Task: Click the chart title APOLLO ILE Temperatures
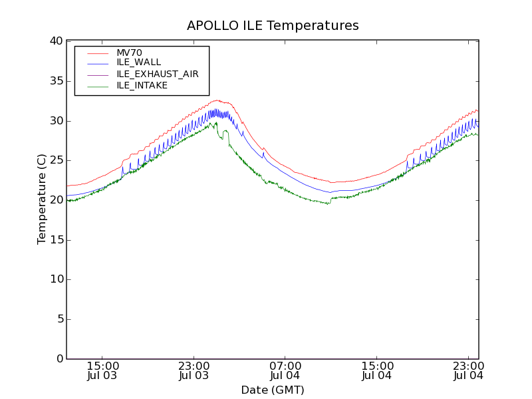[273, 26]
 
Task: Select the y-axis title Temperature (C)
[42, 199]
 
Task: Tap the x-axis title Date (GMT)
[273, 390]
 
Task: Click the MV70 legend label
[129, 53]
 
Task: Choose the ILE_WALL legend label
[138, 63]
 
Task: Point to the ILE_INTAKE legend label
[142, 85]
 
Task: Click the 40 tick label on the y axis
[56, 41]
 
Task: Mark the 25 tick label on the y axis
[56, 160]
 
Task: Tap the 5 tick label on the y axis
[59, 319]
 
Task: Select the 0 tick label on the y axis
[59, 359]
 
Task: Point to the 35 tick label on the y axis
[56, 81]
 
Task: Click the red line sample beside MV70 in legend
[97, 53]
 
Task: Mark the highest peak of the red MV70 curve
[217, 100]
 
